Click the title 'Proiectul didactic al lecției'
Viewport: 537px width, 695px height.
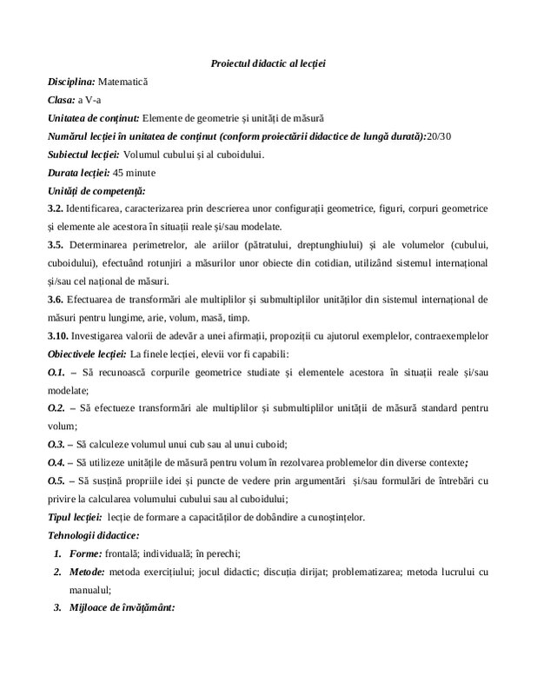pos(268,63)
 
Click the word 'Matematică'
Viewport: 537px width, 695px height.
pos(123,82)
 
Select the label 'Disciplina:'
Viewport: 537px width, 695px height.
pos(71,82)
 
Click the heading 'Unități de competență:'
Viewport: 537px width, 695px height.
pos(96,190)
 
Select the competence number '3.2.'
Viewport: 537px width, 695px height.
pos(56,209)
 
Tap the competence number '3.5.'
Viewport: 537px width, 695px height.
pos(56,245)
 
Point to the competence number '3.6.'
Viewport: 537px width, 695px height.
pos(56,299)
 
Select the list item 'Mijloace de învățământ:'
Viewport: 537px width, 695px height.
pos(123,607)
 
